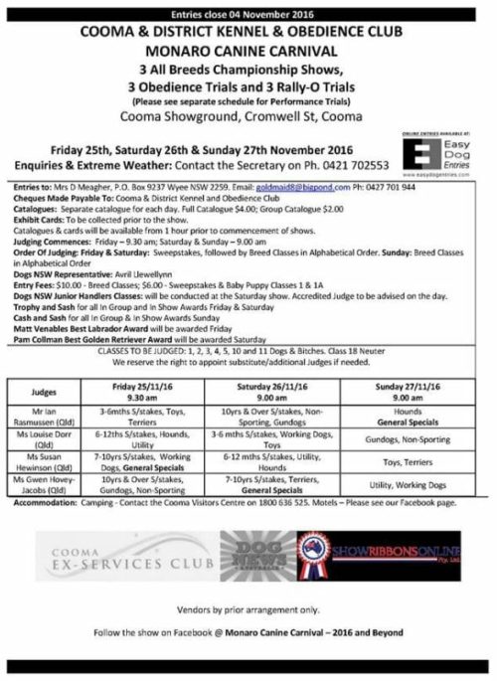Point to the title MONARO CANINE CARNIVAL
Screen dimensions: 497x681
(x=248, y=47)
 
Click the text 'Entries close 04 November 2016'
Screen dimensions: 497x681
(x=248, y=9)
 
